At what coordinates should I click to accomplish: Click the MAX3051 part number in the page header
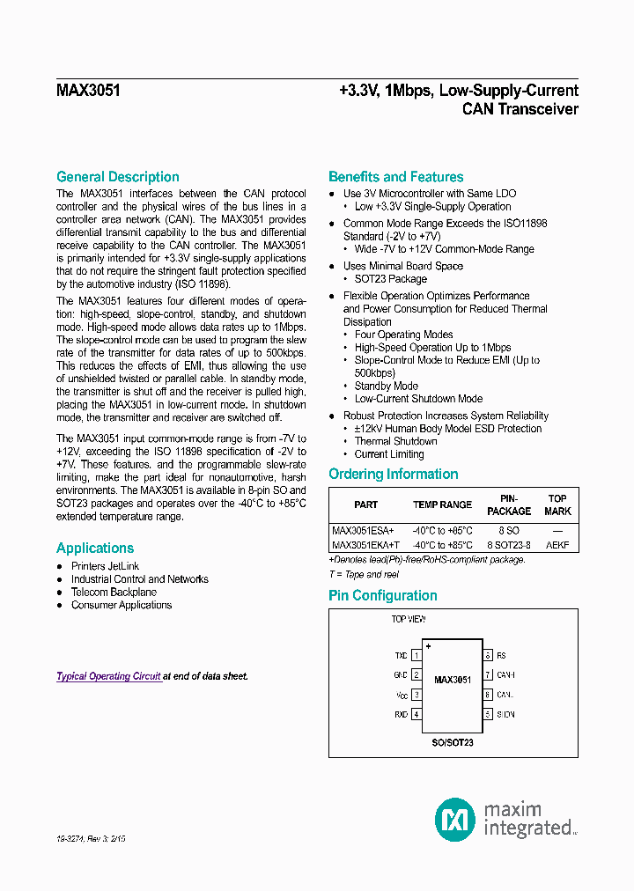tap(89, 91)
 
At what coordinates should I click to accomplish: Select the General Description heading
tap(118, 177)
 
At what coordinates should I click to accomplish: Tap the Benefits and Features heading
tap(395, 177)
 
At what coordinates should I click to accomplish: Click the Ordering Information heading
tap(393, 475)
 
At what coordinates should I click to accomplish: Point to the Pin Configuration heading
tap(382, 596)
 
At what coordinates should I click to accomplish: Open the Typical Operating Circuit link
tap(108, 676)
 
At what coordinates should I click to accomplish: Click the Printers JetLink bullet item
tap(105, 566)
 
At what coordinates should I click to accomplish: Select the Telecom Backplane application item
tap(114, 593)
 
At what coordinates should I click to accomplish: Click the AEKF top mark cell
tap(557, 545)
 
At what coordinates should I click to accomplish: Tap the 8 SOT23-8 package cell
tap(509, 545)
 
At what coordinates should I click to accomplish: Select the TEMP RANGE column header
tap(442, 505)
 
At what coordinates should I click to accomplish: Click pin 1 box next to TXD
tap(417, 656)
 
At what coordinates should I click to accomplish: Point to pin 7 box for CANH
tap(487, 675)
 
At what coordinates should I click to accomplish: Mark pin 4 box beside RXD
tap(417, 714)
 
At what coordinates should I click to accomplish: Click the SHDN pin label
tap(505, 714)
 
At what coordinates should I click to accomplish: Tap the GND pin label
tap(400, 675)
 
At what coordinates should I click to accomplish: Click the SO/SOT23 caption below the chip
tap(453, 743)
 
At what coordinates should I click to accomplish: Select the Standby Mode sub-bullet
tap(386, 386)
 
